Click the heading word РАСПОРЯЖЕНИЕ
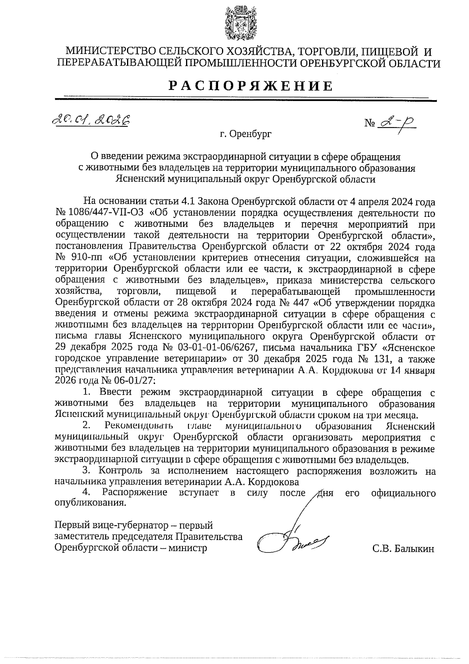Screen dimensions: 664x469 click(251, 86)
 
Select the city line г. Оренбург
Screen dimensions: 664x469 click(245, 135)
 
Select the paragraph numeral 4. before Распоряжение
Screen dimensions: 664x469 click(86, 492)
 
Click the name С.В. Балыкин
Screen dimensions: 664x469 click(403, 549)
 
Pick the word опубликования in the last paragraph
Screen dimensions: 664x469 click(91, 503)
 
